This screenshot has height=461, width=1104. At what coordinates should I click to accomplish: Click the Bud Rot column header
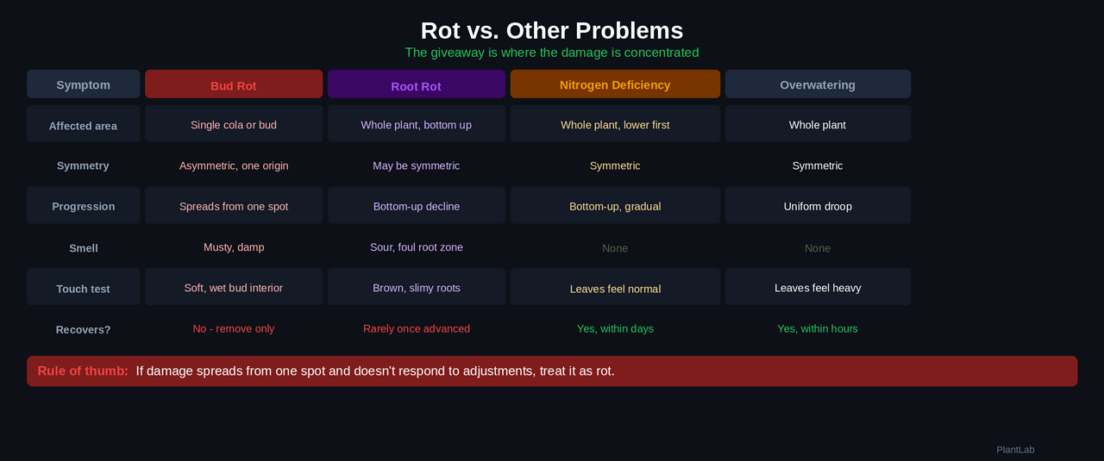(x=234, y=84)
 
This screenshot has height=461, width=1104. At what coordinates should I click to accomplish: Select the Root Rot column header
(x=416, y=85)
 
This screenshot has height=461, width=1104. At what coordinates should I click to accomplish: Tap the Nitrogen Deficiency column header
(x=615, y=84)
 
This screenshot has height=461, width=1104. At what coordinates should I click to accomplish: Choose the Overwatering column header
(x=818, y=84)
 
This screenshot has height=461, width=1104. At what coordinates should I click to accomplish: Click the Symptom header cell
(x=83, y=84)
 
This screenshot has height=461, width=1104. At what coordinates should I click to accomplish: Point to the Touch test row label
(x=83, y=289)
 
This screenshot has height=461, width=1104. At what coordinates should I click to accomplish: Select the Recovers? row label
(x=83, y=329)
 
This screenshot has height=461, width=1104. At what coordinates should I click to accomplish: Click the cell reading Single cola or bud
(x=234, y=125)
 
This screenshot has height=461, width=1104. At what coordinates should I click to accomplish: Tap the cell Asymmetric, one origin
(x=234, y=165)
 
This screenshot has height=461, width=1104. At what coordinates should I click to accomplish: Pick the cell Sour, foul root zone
(x=417, y=247)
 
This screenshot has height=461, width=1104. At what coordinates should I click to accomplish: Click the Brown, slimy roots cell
(x=417, y=288)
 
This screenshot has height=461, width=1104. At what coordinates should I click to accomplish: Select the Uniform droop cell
(x=818, y=206)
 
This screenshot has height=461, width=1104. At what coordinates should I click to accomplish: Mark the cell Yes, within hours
(x=818, y=328)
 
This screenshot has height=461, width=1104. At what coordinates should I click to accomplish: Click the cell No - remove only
(x=234, y=328)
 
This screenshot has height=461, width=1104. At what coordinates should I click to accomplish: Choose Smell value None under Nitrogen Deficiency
(x=615, y=248)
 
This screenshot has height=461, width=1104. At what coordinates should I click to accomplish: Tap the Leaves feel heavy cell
(x=818, y=288)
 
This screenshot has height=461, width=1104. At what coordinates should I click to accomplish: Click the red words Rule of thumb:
(x=83, y=371)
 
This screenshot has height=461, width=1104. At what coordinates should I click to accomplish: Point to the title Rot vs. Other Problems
(x=552, y=30)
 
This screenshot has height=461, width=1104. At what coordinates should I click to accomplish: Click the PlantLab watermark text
(x=1015, y=450)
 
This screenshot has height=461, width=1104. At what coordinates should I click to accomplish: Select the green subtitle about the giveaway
(x=552, y=53)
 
